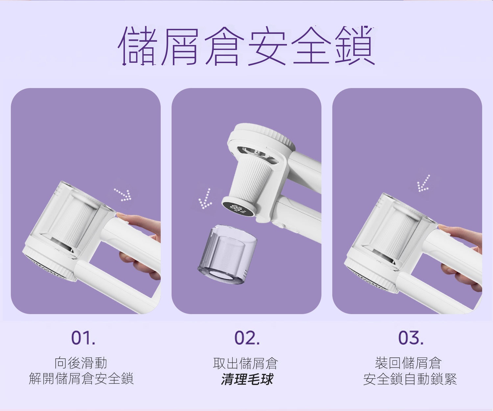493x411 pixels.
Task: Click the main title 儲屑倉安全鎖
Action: pyautogui.click(x=246, y=46)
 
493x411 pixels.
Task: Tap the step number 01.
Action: pyautogui.click(x=83, y=338)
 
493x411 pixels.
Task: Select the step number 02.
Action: pyautogui.click(x=247, y=338)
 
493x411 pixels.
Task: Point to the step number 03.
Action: pyautogui.click(x=411, y=338)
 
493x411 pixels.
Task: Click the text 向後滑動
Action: pyautogui.click(x=81, y=363)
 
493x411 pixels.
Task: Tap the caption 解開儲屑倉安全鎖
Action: pyautogui.click(x=81, y=379)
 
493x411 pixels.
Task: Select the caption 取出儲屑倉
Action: pyautogui.click(x=246, y=363)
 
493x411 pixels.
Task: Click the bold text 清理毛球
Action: pyautogui.click(x=247, y=379)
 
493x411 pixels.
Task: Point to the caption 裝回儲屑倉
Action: pyautogui.click(x=408, y=363)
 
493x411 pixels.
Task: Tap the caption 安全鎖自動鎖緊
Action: pyautogui.click(x=410, y=379)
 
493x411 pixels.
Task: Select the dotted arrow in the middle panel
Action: pyautogui.click(x=205, y=198)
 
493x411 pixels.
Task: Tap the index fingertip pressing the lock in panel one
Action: pyautogui.click(x=120, y=215)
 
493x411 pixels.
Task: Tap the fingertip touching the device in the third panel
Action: pyautogui.click(x=442, y=227)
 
